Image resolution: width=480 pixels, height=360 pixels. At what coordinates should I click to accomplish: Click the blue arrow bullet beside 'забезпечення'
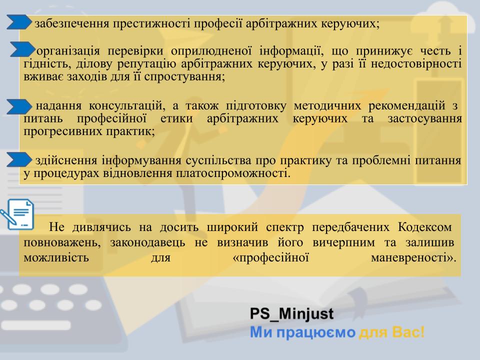pos(19,22)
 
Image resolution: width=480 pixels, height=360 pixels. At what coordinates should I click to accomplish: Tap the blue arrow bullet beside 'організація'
pos(22,49)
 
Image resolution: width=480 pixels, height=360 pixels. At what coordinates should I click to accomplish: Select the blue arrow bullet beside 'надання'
pos(19,106)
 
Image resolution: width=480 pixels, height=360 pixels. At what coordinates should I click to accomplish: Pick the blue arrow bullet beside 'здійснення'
pos(19,159)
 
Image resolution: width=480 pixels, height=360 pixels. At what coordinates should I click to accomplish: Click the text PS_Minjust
pos(291,314)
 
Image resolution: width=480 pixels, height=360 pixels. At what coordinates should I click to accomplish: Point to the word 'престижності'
pos(151,23)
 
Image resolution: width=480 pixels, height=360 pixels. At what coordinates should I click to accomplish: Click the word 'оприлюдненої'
pos(211,51)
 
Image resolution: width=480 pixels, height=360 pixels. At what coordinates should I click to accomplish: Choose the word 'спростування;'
pos(184,76)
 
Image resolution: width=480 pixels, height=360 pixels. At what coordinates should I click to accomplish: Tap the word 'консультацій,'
pos(127,106)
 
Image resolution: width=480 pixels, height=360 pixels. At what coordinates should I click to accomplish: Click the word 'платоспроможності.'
pos(233,173)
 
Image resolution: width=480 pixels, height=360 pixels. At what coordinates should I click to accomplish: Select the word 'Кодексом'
pos(425,227)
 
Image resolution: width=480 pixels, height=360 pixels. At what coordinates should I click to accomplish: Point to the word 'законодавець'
pos(147,242)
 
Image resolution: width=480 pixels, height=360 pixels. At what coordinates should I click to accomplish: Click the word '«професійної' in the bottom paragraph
pos(271,258)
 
